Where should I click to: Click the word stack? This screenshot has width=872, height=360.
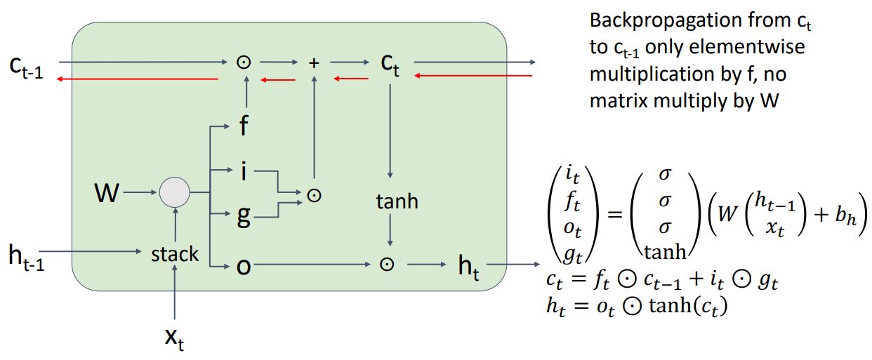tap(175, 253)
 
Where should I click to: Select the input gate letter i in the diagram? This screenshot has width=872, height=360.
tap(244, 171)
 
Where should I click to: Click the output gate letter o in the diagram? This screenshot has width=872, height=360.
tap(244, 266)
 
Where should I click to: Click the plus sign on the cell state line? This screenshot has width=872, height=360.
tap(314, 63)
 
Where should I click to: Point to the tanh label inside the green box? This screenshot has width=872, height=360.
tap(397, 202)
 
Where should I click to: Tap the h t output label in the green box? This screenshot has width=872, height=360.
tap(468, 267)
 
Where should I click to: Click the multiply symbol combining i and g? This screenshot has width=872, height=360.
tap(315, 196)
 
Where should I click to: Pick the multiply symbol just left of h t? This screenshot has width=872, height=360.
tap(385, 265)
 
